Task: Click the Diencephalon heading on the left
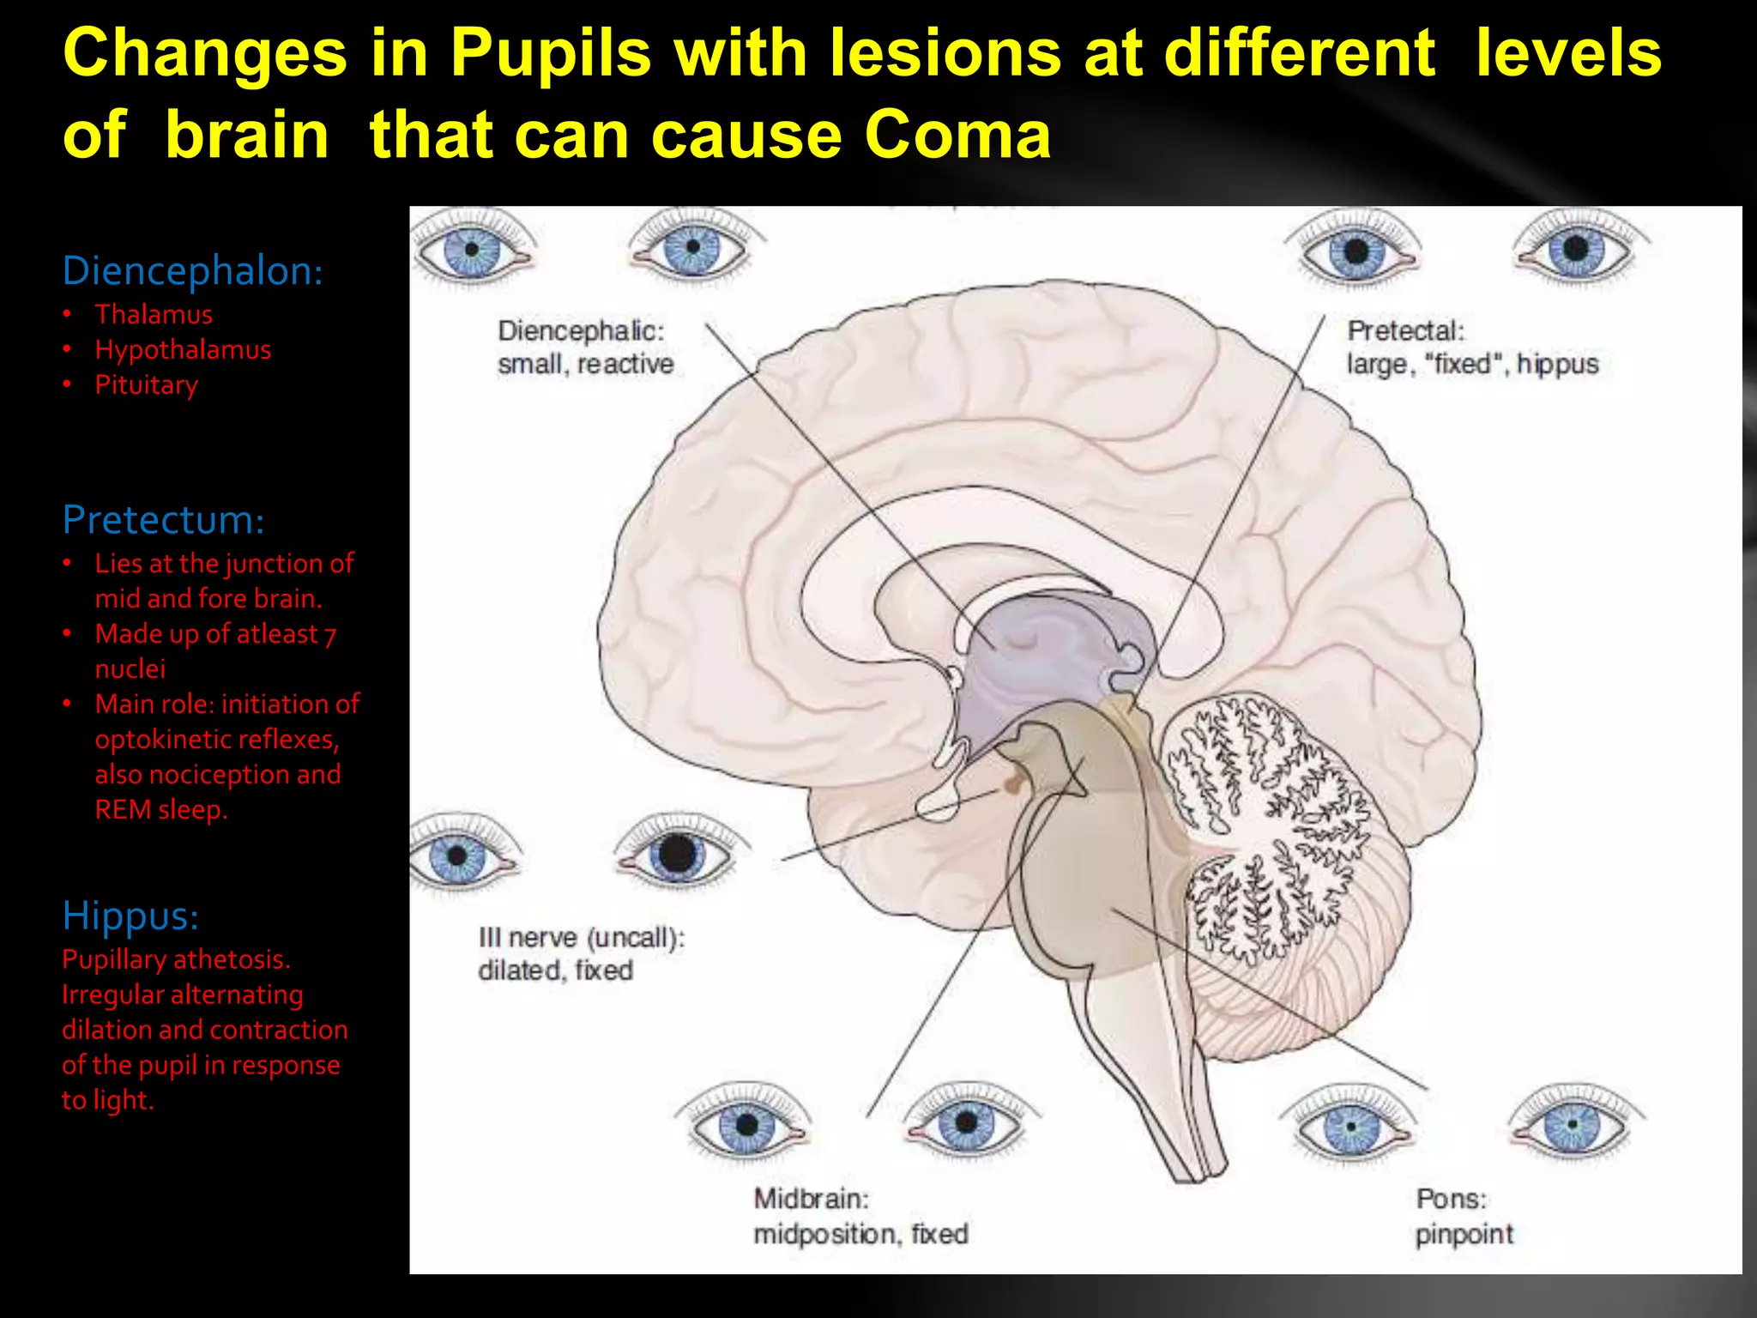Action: point(192,270)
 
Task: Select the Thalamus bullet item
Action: point(154,314)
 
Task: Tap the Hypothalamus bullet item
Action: point(183,349)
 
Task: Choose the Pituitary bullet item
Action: point(146,384)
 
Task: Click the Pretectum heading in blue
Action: point(163,519)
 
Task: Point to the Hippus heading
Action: point(130,915)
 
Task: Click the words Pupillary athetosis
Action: point(176,958)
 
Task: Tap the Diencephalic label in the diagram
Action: point(581,331)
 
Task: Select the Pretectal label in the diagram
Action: point(1405,331)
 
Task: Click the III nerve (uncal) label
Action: point(582,937)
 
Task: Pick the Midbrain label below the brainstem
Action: point(811,1199)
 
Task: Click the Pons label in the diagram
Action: point(1451,1199)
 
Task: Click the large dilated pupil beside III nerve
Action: point(677,854)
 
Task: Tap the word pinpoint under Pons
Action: point(1464,1234)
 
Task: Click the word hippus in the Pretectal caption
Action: point(1557,365)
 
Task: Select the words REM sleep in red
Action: point(160,809)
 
